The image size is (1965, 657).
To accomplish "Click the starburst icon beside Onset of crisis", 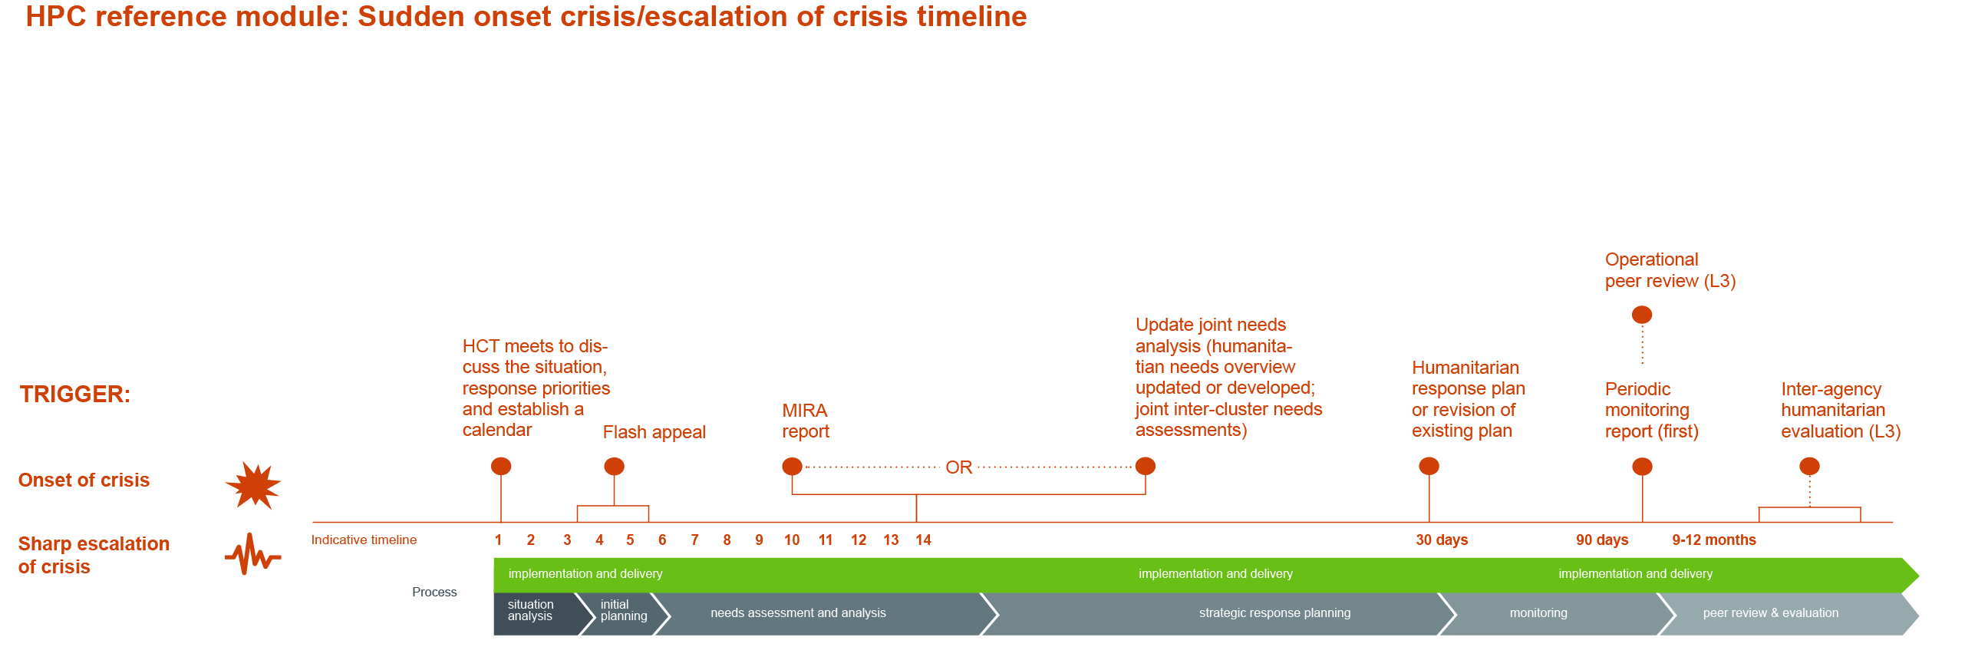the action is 253,485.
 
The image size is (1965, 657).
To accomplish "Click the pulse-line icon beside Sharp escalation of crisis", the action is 253,553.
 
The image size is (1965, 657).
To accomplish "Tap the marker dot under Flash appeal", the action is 614,466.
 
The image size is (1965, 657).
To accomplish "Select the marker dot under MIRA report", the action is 792,466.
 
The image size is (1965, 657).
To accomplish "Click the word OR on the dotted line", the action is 959,467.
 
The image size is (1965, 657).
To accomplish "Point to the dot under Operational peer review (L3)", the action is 1642,315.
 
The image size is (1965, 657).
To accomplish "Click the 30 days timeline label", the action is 1442,540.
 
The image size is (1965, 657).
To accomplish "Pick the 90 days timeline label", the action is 1602,540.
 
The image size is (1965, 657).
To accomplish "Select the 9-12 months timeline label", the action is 1714,540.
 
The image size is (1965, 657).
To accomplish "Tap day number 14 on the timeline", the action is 923,540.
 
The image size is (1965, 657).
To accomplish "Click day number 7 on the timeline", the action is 694,540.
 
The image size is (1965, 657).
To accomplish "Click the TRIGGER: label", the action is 75,395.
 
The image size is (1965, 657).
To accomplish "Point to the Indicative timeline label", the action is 364,540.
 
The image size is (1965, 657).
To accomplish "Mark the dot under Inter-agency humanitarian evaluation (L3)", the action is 1809,466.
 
